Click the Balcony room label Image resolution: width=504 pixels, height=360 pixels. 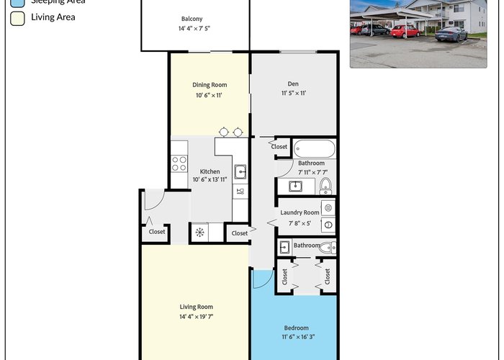(x=192, y=19)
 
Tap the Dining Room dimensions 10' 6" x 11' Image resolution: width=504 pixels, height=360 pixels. (x=209, y=95)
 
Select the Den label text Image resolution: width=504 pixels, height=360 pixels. (x=293, y=84)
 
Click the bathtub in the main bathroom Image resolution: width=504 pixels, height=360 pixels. (x=315, y=148)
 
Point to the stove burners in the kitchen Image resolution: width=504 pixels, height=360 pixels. (x=179, y=163)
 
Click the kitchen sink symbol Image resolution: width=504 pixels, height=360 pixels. (x=240, y=172)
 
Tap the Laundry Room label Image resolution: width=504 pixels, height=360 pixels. (x=300, y=212)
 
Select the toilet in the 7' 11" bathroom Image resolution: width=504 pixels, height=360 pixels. (x=325, y=186)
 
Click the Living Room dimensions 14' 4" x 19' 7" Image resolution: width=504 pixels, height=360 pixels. (x=197, y=317)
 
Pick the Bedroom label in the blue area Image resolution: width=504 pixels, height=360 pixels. (x=297, y=328)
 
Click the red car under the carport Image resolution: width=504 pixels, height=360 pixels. (x=405, y=32)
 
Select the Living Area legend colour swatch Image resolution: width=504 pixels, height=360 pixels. (x=17, y=18)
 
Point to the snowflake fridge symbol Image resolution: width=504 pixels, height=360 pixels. (x=199, y=232)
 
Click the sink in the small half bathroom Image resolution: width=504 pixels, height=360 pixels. (x=285, y=248)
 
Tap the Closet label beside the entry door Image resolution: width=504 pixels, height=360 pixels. (x=157, y=232)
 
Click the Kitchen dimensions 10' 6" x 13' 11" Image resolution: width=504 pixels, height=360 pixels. (x=210, y=179)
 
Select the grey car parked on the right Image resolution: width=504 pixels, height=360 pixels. (x=451, y=34)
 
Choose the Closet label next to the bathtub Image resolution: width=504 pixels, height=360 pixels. (x=279, y=147)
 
